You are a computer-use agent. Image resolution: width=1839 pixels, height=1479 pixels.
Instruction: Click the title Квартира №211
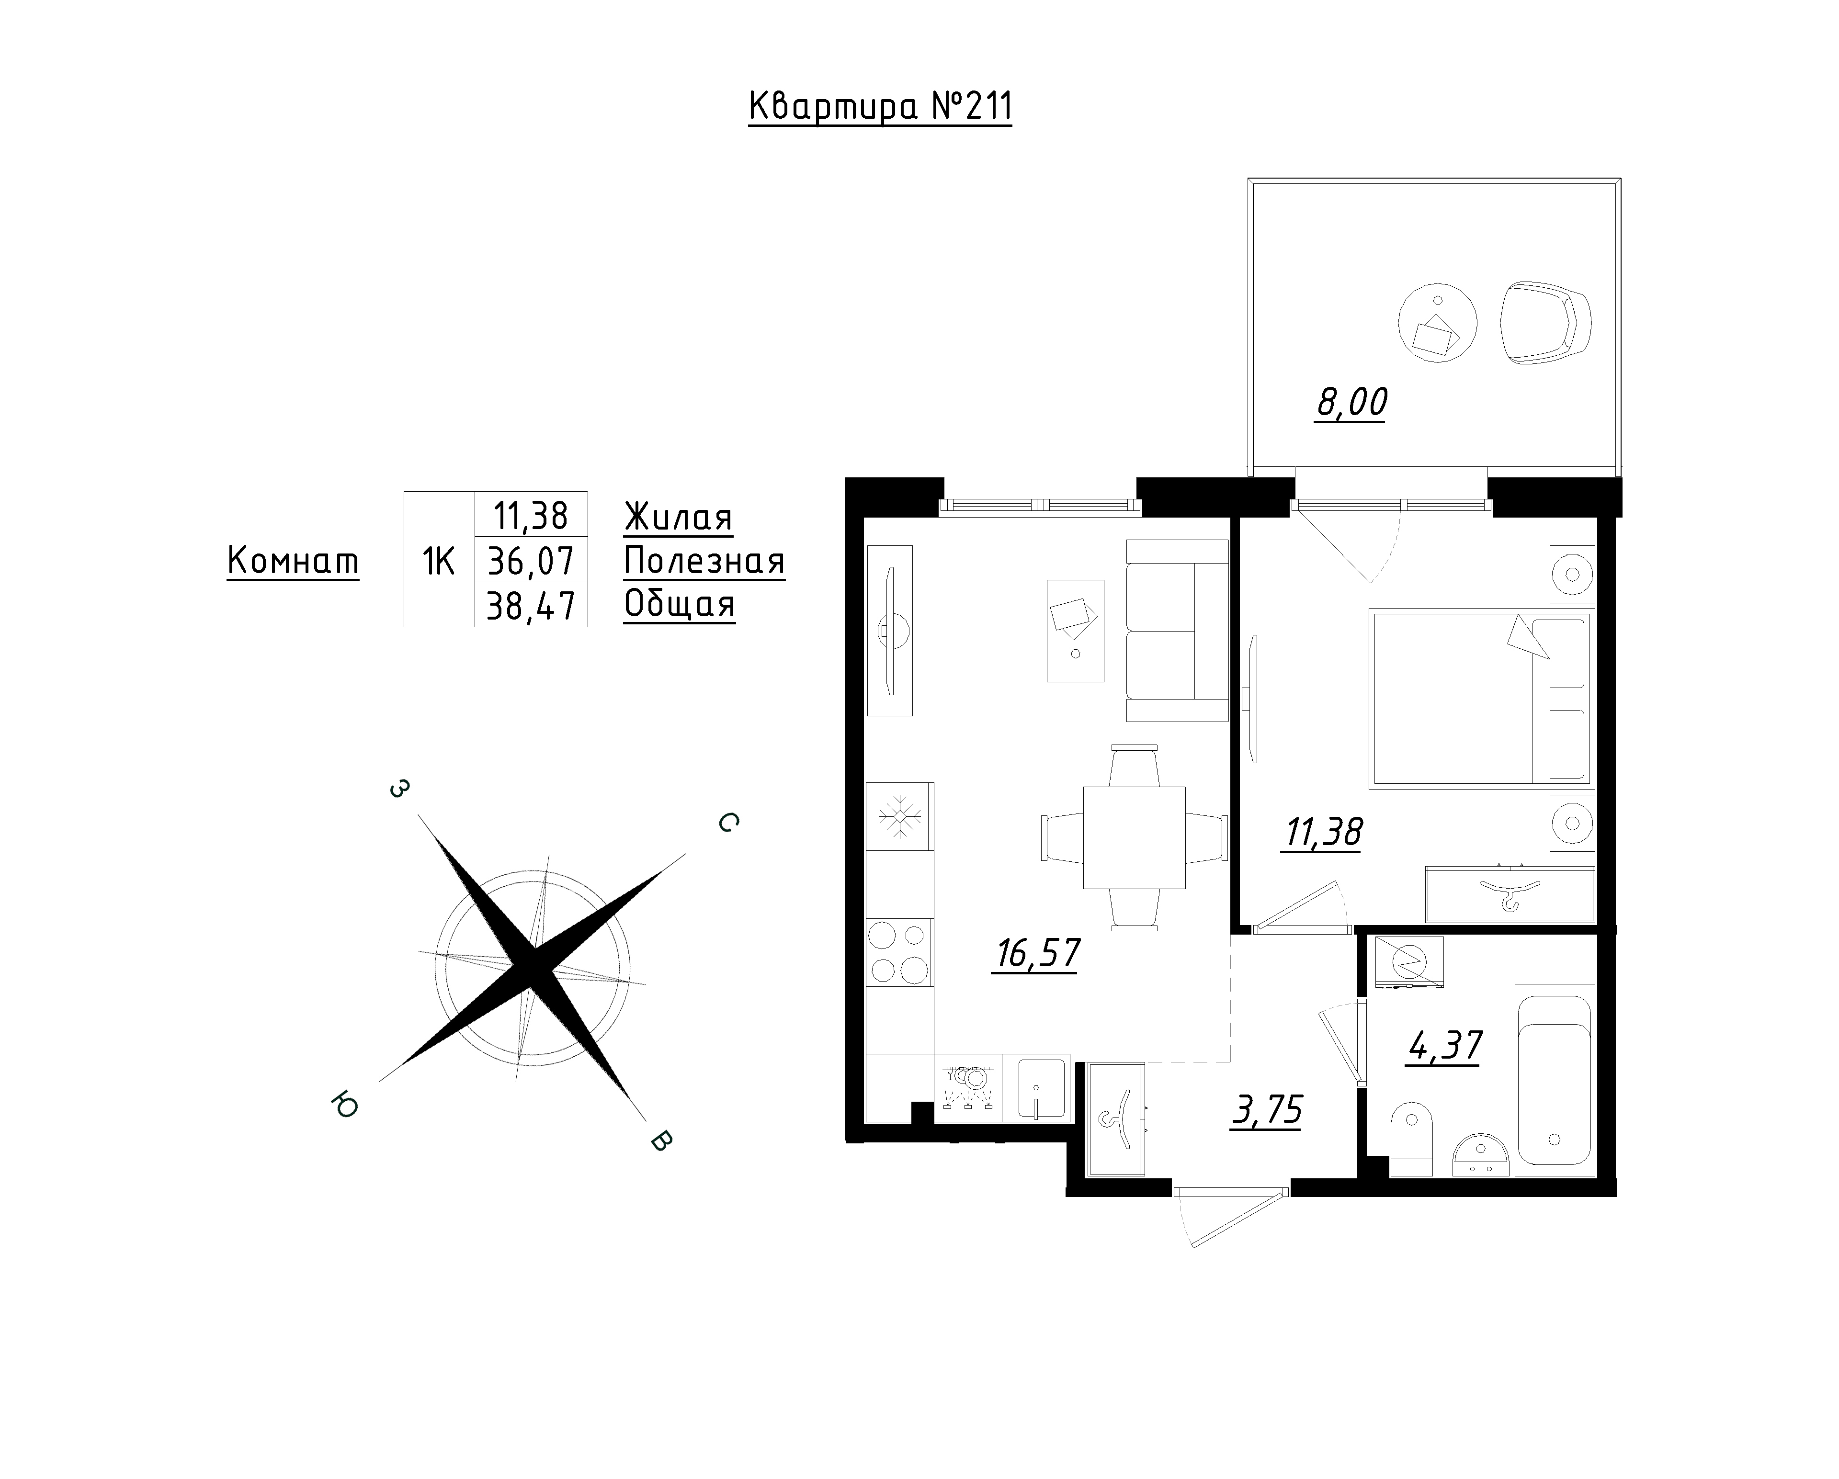[x=880, y=107]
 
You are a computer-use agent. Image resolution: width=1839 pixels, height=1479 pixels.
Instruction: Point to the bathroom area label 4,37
[x=1445, y=1046]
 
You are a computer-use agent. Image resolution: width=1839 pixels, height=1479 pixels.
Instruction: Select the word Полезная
[x=704, y=560]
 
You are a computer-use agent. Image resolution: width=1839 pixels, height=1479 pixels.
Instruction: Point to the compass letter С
[x=727, y=822]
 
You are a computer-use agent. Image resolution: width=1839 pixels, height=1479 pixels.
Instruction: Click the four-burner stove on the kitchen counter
[x=899, y=953]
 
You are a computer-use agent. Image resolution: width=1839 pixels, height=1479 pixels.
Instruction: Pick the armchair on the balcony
[x=1545, y=323]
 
